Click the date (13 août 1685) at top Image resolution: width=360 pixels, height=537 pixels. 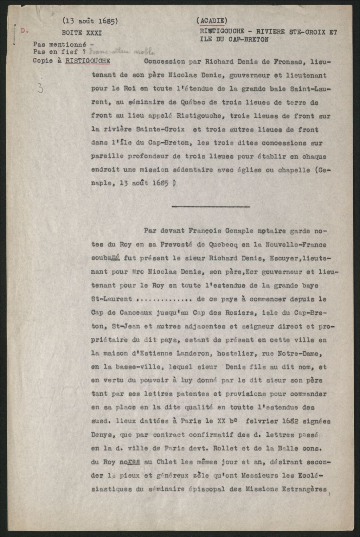[x=90, y=21]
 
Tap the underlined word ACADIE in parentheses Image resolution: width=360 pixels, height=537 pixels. [x=212, y=21]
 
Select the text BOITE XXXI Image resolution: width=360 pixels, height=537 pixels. [x=82, y=33]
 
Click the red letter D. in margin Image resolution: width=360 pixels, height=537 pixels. [x=24, y=31]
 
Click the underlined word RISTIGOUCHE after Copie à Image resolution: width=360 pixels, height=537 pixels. [x=88, y=61]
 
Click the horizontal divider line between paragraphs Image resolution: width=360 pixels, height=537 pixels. [x=211, y=206]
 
